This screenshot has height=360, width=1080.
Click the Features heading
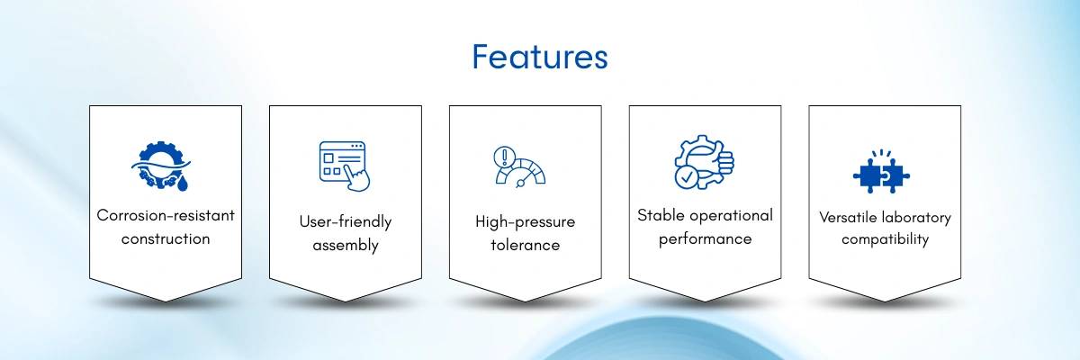pos(539,57)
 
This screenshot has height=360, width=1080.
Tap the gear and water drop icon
pos(161,166)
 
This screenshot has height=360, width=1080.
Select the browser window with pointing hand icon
pos(344,166)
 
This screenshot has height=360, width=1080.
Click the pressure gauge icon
pos(519,166)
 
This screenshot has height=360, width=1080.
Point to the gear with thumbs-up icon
pos(704,162)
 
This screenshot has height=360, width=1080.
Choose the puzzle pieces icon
pos(881,172)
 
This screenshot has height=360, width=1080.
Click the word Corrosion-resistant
pos(166,215)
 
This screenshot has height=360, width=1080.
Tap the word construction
pos(166,238)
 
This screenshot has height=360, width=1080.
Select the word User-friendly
pos(346,221)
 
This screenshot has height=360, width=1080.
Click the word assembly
pos(346,246)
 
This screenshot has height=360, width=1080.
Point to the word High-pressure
pos(525,221)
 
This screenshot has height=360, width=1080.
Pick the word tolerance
pos(525,245)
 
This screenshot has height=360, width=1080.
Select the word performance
pos(705,239)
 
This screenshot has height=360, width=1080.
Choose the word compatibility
pos(885,239)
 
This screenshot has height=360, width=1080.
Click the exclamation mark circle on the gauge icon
pos(504,157)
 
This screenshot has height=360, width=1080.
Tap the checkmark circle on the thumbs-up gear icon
pos(687,177)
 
